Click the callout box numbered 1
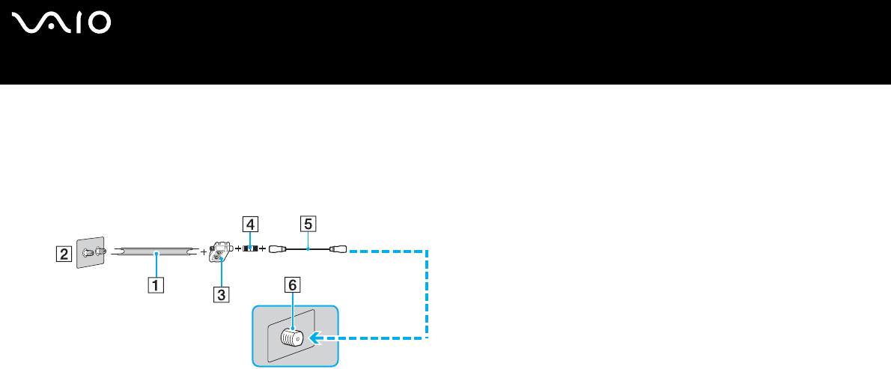click(x=155, y=284)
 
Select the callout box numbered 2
click(x=65, y=254)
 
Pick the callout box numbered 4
click(x=250, y=223)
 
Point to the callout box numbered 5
click(x=305, y=223)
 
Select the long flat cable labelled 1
click(x=156, y=254)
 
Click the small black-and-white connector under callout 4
click(x=250, y=248)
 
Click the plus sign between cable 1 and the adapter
click(x=204, y=252)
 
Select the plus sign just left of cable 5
click(x=262, y=248)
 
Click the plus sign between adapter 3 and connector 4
click(x=238, y=248)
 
